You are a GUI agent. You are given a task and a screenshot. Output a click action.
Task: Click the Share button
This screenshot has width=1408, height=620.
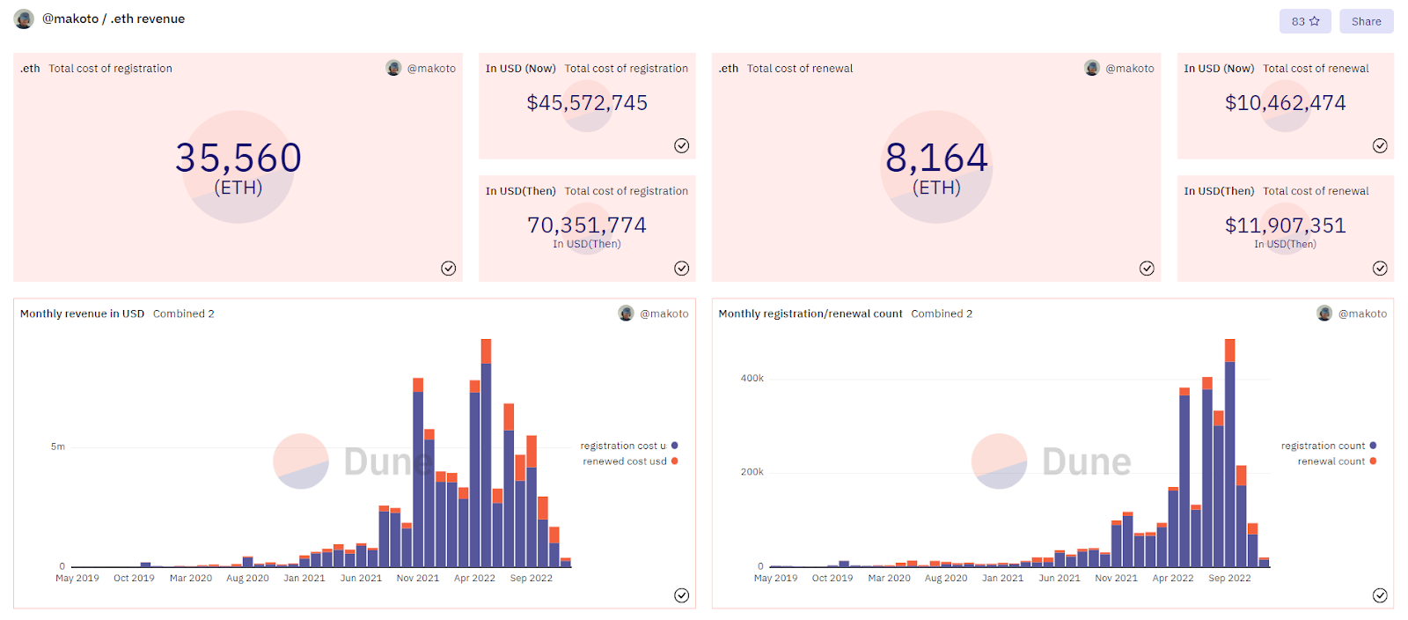pyautogui.click(x=1366, y=21)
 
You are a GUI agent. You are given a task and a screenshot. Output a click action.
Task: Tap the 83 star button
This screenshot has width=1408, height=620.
pyautogui.click(x=1306, y=21)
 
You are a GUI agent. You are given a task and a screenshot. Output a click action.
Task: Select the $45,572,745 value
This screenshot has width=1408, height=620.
pyautogui.click(x=587, y=102)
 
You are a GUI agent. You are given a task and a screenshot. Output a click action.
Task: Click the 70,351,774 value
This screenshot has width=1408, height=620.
pyautogui.click(x=587, y=225)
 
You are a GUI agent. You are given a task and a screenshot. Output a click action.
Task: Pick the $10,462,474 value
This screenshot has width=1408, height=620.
pyautogui.click(x=1286, y=102)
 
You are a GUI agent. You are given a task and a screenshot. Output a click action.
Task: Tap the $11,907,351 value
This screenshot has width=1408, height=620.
pyautogui.click(x=1286, y=225)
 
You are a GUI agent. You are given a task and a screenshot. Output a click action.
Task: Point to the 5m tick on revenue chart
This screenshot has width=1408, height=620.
pyautogui.click(x=58, y=447)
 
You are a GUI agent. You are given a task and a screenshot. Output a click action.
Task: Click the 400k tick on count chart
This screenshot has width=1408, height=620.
pyautogui.click(x=752, y=378)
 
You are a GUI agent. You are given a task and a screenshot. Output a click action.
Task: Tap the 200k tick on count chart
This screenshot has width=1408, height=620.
pyautogui.click(x=752, y=471)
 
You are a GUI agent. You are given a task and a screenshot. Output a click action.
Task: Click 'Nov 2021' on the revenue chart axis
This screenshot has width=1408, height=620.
pyautogui.click(x=418, y=578)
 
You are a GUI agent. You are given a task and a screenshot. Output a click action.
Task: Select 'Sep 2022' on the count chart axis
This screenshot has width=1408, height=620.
pyautogui.click(x=1229, y=578)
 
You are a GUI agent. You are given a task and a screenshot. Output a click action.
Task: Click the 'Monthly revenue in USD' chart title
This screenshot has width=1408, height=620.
pyautogui.click(x=83, y=314)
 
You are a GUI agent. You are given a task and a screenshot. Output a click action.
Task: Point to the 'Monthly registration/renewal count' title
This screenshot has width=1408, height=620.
pyautogui.click(x=810, y=314)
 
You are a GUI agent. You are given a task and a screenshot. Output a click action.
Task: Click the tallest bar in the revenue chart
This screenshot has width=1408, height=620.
pyautogui.click(x=486, y=453)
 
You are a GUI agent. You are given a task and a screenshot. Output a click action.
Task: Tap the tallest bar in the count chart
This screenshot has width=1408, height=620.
pyautogui.click(x=1230, y=453)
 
